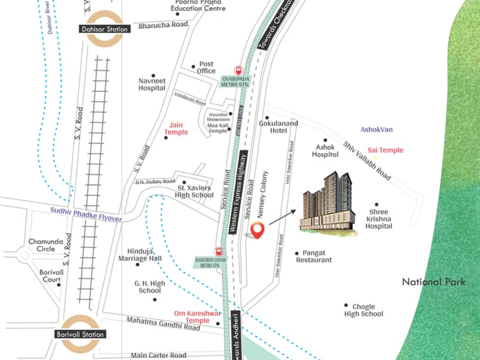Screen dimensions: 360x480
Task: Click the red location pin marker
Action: pyautogui.click(x=257, y=230)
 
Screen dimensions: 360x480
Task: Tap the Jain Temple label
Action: pyautogui.click(x=176, y=128)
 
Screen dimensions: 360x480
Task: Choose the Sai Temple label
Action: pyautogui.click(x=386, y=150)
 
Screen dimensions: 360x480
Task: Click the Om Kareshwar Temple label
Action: pyautogui.click(x=198, y=317)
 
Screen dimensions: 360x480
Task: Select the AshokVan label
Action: pyautogui.click(x=377, y=129)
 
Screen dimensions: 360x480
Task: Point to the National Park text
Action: pyautogui.click(x=433, y=282)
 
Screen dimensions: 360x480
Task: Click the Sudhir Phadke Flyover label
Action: pyautogui.click(x=86, y=214)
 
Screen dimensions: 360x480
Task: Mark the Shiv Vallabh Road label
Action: pyautogui.click(x=368, y=161)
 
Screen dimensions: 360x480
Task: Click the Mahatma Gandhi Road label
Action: pyautogui.click(x=163, y=325)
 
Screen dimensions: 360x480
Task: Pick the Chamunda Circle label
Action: pyautogui.click(x=41, y=245)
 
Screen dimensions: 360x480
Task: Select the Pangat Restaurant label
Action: pyautogui.click(x=317, y=256)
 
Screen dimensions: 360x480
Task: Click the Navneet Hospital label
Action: pyautogui.click(x=152, y=84)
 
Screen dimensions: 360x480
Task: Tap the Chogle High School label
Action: pyautogui.click(x=364, y=310)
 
